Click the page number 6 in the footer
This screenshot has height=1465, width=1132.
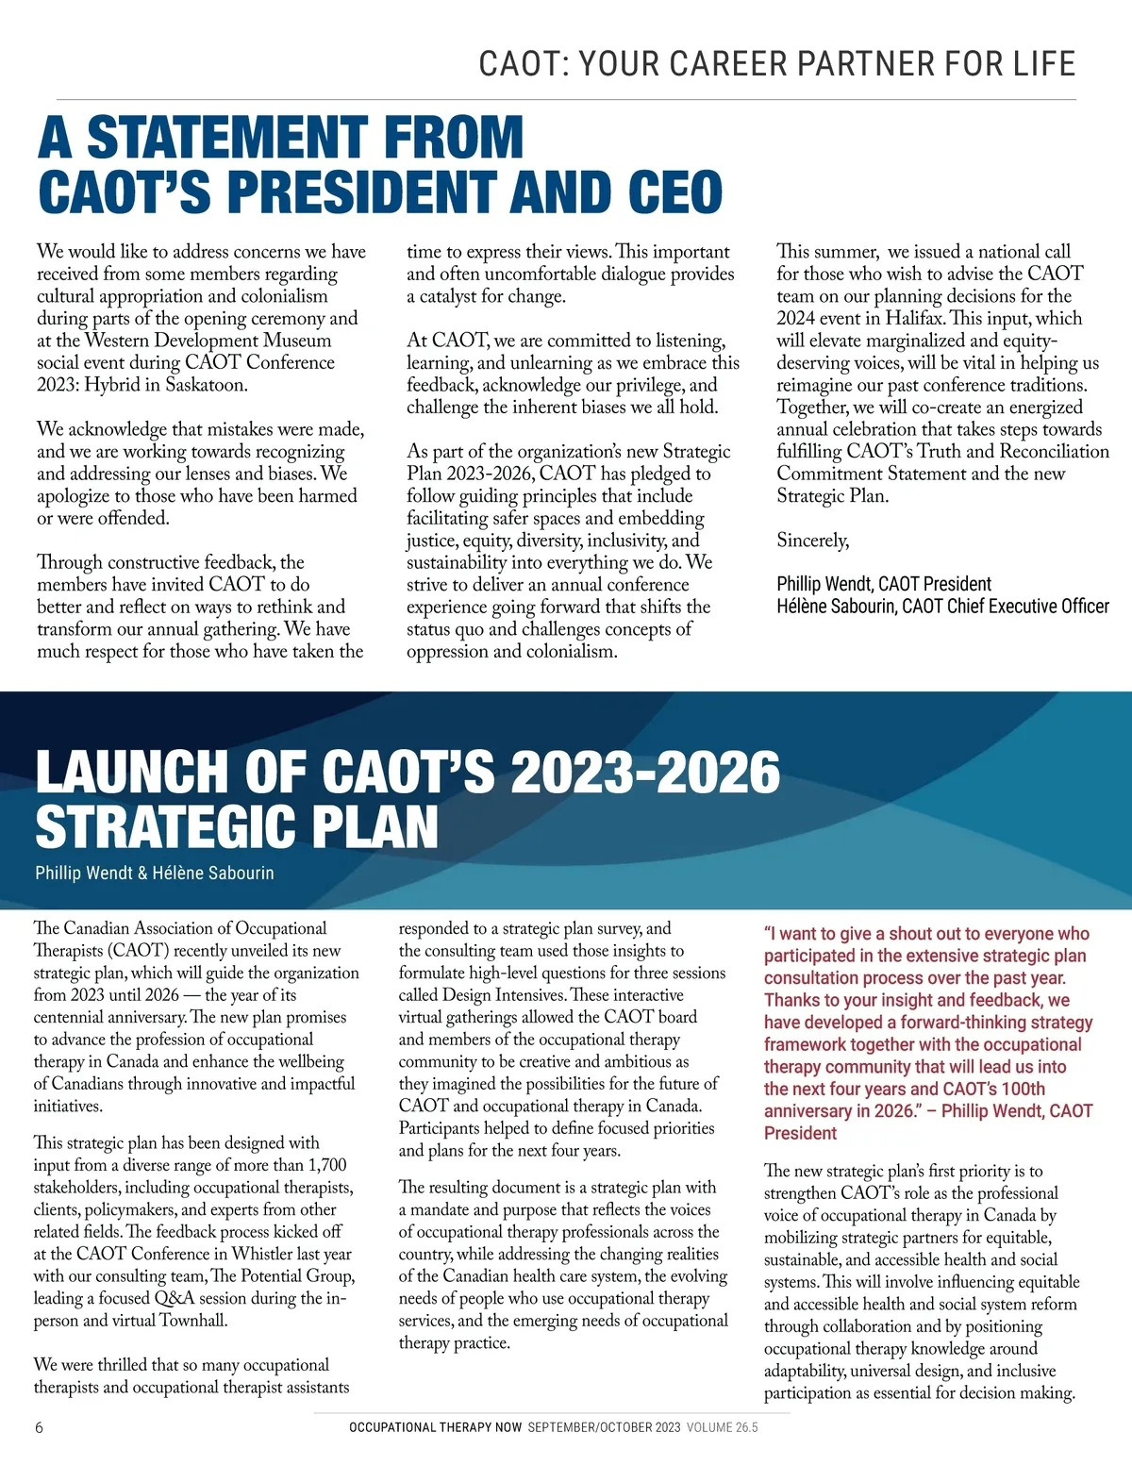point(39,1427)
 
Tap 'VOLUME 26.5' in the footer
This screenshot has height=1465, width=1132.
point(722,1427)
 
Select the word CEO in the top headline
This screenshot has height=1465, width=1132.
point(674,192)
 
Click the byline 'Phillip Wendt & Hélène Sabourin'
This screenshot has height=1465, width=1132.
point(155,873)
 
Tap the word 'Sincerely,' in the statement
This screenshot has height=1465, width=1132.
point(812,541)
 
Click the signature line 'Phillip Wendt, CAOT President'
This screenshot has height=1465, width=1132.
point(884,584)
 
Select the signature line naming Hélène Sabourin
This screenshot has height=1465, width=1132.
point(942,607)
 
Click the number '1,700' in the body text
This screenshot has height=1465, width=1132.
point(327,1165)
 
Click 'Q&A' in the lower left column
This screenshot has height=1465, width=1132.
point(175,1298)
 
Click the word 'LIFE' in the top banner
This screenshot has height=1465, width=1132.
point(1044,64)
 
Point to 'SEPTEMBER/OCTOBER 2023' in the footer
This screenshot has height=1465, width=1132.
point(604,1427)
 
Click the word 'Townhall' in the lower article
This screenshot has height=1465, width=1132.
point(193,1321)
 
